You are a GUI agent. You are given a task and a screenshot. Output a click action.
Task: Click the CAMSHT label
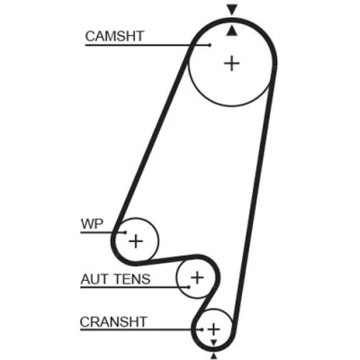click(x=114, y=36)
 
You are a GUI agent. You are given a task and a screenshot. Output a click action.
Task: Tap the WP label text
click(x=92, y=224)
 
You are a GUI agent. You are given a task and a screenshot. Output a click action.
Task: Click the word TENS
click(x=132, y=279)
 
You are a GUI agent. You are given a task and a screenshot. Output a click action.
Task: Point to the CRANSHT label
click(x=113, y=322)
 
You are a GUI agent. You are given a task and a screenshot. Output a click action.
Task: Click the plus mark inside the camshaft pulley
click(x=231, y=64)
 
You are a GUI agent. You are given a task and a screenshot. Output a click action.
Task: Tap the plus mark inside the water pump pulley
click(x=136, y=241)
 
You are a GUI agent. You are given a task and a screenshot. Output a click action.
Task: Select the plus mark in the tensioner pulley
click(x=197, y=277)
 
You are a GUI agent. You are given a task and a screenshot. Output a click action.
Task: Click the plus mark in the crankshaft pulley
click(x=213, y=329)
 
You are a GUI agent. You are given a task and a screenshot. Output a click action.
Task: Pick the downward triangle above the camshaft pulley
click(x=232, y=10)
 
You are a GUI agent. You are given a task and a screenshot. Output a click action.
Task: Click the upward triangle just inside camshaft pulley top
click(x=232, y=31)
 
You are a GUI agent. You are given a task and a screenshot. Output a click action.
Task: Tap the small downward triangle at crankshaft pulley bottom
click(x=213, y=343)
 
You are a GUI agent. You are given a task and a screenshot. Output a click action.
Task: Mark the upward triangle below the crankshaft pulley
click(x=213, y=356)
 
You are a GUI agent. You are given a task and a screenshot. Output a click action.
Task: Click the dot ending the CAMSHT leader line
click(x=210, y=45)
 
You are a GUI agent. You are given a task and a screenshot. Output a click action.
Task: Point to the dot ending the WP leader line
click(x=125, y=232)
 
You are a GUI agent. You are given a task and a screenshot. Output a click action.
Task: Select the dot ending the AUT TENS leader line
click(x=189, y=287)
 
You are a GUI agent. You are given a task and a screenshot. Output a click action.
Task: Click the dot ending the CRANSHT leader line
click(x=202, y=329)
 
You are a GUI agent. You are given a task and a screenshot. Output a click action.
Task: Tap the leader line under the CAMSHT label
click(x=147, y=45)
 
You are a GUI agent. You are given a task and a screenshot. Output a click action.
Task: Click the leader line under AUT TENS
click(x=134, y=287)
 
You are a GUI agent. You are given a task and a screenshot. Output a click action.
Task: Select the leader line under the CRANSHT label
click(x=140, y=329)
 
